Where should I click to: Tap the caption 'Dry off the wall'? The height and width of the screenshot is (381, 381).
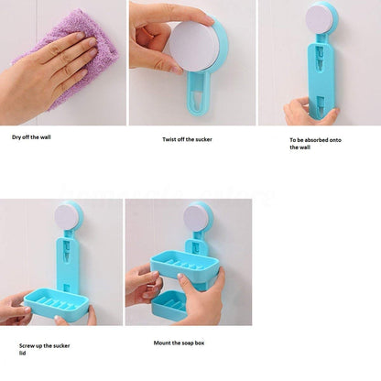click(x=31, y=137)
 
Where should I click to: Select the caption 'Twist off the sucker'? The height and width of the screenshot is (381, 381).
click(x=187, y=139)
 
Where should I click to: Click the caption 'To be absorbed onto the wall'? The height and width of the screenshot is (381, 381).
click(x=315, y=144)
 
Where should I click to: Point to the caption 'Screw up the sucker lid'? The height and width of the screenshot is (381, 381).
click(x=45, y=350)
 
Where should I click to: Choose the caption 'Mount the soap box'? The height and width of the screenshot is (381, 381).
click(x=179, y=343)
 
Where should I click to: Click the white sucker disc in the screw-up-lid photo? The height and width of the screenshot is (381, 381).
click(x=67, y=217)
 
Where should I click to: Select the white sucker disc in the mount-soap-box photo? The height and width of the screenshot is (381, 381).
click(x=195, y=218)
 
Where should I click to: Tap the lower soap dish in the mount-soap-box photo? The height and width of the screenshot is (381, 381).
click(x=169, y=305)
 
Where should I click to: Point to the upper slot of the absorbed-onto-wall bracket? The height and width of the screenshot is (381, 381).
click(x=320, y=57)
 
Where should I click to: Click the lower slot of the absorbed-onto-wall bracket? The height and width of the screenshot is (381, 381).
click(x=321, y=103)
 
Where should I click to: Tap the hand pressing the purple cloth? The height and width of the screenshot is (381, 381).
click(x=46, y=75)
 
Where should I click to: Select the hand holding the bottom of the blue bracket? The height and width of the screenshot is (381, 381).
click(x=309, y=113)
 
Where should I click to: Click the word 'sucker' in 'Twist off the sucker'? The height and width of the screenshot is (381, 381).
click(x=203, y=139)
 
